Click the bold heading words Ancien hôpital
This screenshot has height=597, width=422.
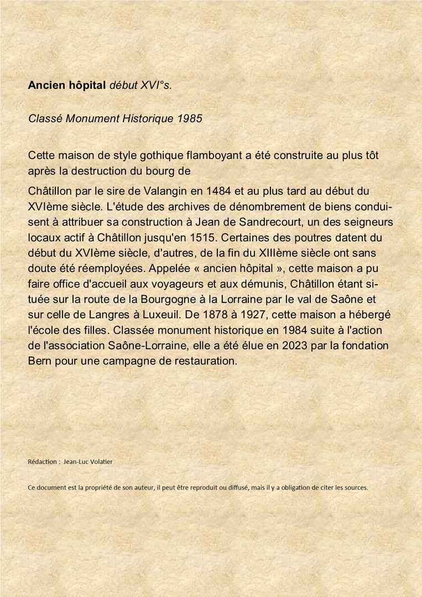click(x=67, y=86)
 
